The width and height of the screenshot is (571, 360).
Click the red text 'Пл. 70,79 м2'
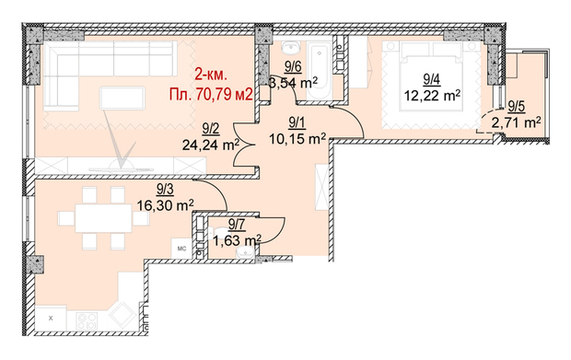211,94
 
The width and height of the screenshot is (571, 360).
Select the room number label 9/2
211,129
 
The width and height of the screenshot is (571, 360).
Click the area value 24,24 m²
211,145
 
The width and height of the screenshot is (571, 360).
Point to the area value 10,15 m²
297,139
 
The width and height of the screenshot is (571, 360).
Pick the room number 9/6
293,67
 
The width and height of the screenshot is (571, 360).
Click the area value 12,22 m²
432,96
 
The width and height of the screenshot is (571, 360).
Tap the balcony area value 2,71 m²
516,122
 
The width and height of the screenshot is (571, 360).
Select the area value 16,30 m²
165,205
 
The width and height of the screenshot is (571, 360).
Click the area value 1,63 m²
237,240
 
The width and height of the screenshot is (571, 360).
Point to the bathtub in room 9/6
320,70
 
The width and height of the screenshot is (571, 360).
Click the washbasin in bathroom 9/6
291,46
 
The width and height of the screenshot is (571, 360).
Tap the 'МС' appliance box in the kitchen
181,249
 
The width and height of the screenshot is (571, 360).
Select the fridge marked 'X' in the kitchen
51,319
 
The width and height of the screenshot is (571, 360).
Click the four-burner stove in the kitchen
87,320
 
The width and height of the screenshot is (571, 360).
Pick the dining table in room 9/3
103,217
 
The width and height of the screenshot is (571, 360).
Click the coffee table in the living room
122,98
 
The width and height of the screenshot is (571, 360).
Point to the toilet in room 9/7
221,231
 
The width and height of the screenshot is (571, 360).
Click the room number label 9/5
517,106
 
